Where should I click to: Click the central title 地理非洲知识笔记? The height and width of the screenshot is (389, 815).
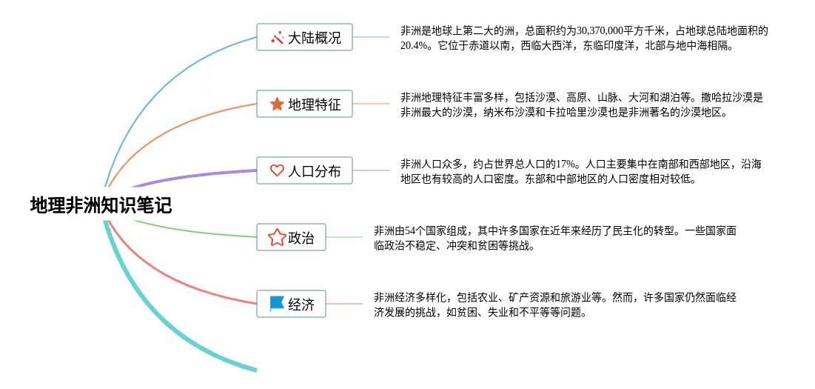(x=101, y=205)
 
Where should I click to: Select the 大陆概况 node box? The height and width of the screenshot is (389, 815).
(x=304, y=38)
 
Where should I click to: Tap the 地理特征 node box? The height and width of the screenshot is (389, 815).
(x=304, y=104)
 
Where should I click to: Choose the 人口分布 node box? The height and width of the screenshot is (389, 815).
(x=304, y=170)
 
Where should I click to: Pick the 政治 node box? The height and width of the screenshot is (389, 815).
(x=291, y=237)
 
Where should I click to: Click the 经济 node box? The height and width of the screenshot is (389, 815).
(x=291, y=304)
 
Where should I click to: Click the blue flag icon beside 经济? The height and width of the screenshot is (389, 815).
(x=277, y=304)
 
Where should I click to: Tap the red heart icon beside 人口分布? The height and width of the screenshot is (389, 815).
(x=277, y=170)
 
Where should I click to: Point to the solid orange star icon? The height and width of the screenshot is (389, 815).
(x=277, y=104)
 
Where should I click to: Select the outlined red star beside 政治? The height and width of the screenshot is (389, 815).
(x=277, y=237)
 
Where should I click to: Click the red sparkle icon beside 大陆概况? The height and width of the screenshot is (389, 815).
(x=277, y=38)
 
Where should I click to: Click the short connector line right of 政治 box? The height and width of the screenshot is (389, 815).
(x=345, y=237)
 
